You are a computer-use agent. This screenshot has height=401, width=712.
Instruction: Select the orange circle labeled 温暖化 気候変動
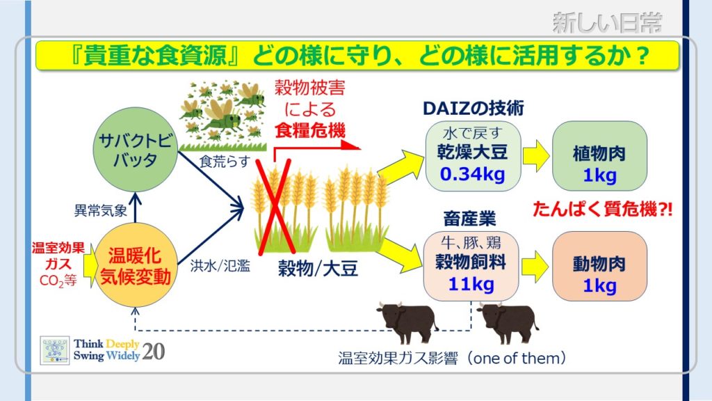click(x=136, y=265)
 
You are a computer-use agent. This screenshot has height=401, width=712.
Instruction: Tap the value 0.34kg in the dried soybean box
click(x=472, y=174)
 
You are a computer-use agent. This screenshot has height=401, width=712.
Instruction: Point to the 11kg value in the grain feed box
click(x=471, y=285)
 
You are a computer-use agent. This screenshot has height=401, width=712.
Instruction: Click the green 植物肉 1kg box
click(x=599, y=156)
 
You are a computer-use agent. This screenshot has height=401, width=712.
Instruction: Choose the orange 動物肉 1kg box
click(x=599, y=266)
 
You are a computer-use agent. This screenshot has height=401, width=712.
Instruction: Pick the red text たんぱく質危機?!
click(x=602, y=210)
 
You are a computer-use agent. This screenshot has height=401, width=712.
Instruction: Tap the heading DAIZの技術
click(x=473, y=108)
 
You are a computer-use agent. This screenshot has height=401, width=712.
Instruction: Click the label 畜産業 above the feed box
click(x=469, y=219)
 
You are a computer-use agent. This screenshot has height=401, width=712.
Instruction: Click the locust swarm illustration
click(x=222, y=115)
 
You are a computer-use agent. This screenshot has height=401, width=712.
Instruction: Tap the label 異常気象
click(x=101, y=210)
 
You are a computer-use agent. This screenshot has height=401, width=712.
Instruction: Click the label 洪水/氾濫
click(x=220, y=265)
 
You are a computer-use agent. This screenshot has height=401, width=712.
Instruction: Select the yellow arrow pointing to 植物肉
click(x=536, y=156)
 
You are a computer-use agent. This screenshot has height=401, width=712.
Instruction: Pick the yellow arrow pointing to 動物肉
click(x=536, y=267)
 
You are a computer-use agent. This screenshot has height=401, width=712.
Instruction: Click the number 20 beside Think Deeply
click(x=153, y=352)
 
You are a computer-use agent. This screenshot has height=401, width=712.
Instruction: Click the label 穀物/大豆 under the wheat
click(x=318, y=269)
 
